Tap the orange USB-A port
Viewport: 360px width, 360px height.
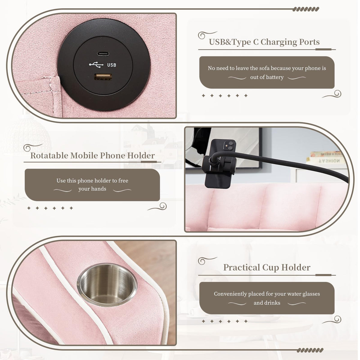pos(103,77)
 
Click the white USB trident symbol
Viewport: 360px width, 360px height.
pos(96,64)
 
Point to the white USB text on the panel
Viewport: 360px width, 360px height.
pos(112,65)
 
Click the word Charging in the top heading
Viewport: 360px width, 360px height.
pos(278,42)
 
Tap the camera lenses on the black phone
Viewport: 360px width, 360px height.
pos(229,146)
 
